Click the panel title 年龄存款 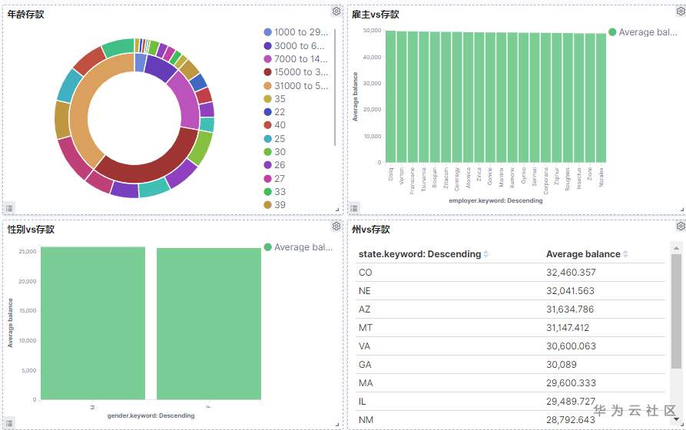[x=25, y=15]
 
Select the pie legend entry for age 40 [x=280, y=125]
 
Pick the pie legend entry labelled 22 [x=280, y=112]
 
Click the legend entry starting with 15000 [x=300, y=72]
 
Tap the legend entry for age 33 [x=280, y=192]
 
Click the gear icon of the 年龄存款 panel [x=336, y=11]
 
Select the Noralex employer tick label [x=601, y=176]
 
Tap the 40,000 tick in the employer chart [x=372, y=57]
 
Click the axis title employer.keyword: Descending [x=495, y=201]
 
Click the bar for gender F [x=208, y=323]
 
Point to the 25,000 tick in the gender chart [x=27, y=251]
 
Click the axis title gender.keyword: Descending [x=151, y=415]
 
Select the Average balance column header [x=583, y=254]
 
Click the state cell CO [x=366, y=273]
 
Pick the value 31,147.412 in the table [x=571, y=327]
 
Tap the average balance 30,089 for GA [x=562, y=364]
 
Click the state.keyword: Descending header [x=419, y=254]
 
